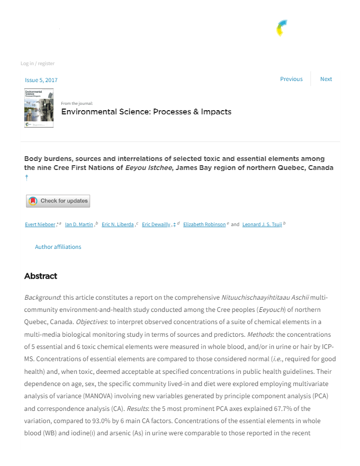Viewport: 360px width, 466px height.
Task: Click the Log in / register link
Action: click(x=38, y=64)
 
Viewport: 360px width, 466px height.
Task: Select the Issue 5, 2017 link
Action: click(x=41, y=80)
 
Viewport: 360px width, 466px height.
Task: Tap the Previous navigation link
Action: click(x=291, y=79)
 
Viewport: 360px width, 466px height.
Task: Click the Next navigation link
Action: click(x=326, y=79)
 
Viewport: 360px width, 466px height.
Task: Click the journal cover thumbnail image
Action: click(x=39, y=108)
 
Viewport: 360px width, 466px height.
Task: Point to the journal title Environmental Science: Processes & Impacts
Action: click(x=146, y=112)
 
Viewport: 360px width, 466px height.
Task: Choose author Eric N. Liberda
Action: click(x=118, y=225)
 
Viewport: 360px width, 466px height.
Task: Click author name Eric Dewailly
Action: click(x=156, y=225)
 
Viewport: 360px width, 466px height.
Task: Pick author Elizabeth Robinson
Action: click(x=204, y=225)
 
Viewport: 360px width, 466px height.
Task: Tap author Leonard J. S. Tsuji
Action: click(x=262, y=225)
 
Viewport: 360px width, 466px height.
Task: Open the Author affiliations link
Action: click(x=58, y=247)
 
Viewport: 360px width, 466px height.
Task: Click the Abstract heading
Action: click(x=41, y=276)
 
